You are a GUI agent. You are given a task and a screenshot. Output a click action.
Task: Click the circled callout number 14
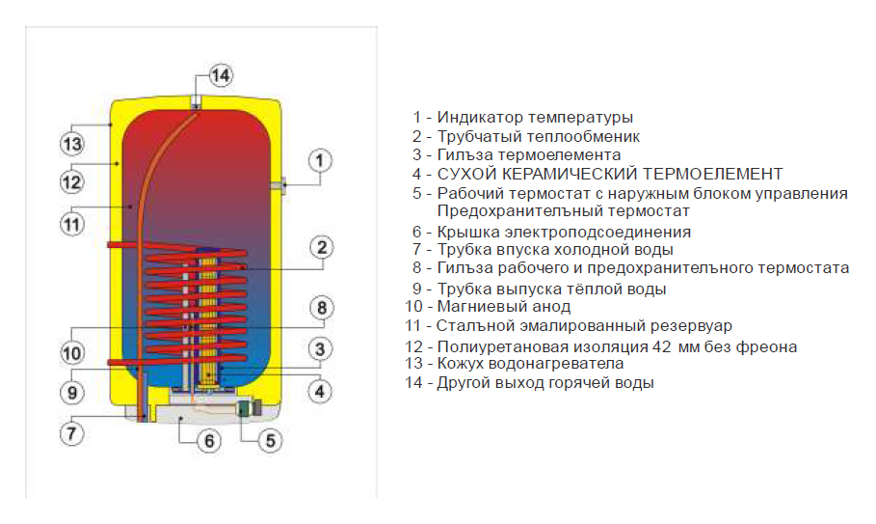click(x=221, y=75)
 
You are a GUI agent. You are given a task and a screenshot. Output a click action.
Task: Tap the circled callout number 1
click(x=320, y=161)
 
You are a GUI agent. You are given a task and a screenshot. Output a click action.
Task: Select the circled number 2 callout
click(x=321, y=247)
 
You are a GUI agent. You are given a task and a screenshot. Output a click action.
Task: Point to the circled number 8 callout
click(x=321, y=307)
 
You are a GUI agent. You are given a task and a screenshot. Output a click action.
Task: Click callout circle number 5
click(x=271, y=441)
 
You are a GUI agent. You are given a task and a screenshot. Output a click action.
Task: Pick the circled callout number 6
click(x=209, y=441)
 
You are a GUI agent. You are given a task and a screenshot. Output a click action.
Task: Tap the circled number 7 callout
click(x=71, y=433)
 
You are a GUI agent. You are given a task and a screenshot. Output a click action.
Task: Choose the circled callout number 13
click(x=71, y=145)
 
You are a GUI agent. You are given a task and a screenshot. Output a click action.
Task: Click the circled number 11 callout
click(x=71, y=224)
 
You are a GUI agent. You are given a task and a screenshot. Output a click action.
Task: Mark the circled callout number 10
click(x=71, y=353)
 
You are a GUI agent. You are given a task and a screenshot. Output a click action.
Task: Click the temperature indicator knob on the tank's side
click(x=279, y=185)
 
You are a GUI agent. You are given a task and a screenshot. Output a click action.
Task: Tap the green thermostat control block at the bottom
click(x=247, y=408)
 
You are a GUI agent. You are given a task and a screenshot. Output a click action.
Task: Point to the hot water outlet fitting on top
click(x=196, y=102)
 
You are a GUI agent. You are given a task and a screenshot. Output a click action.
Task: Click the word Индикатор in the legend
click(x=480, y=118)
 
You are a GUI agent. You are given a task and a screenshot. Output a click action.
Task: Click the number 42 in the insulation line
click(x=661, y=346)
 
